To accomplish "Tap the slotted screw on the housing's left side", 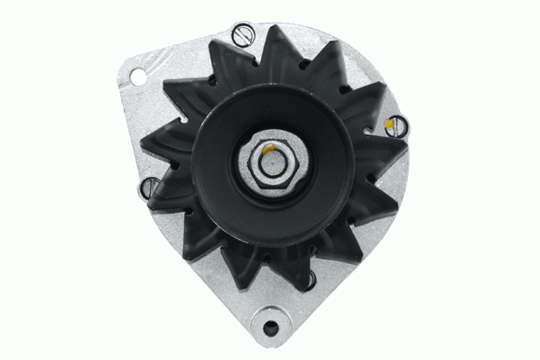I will [149, 188].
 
